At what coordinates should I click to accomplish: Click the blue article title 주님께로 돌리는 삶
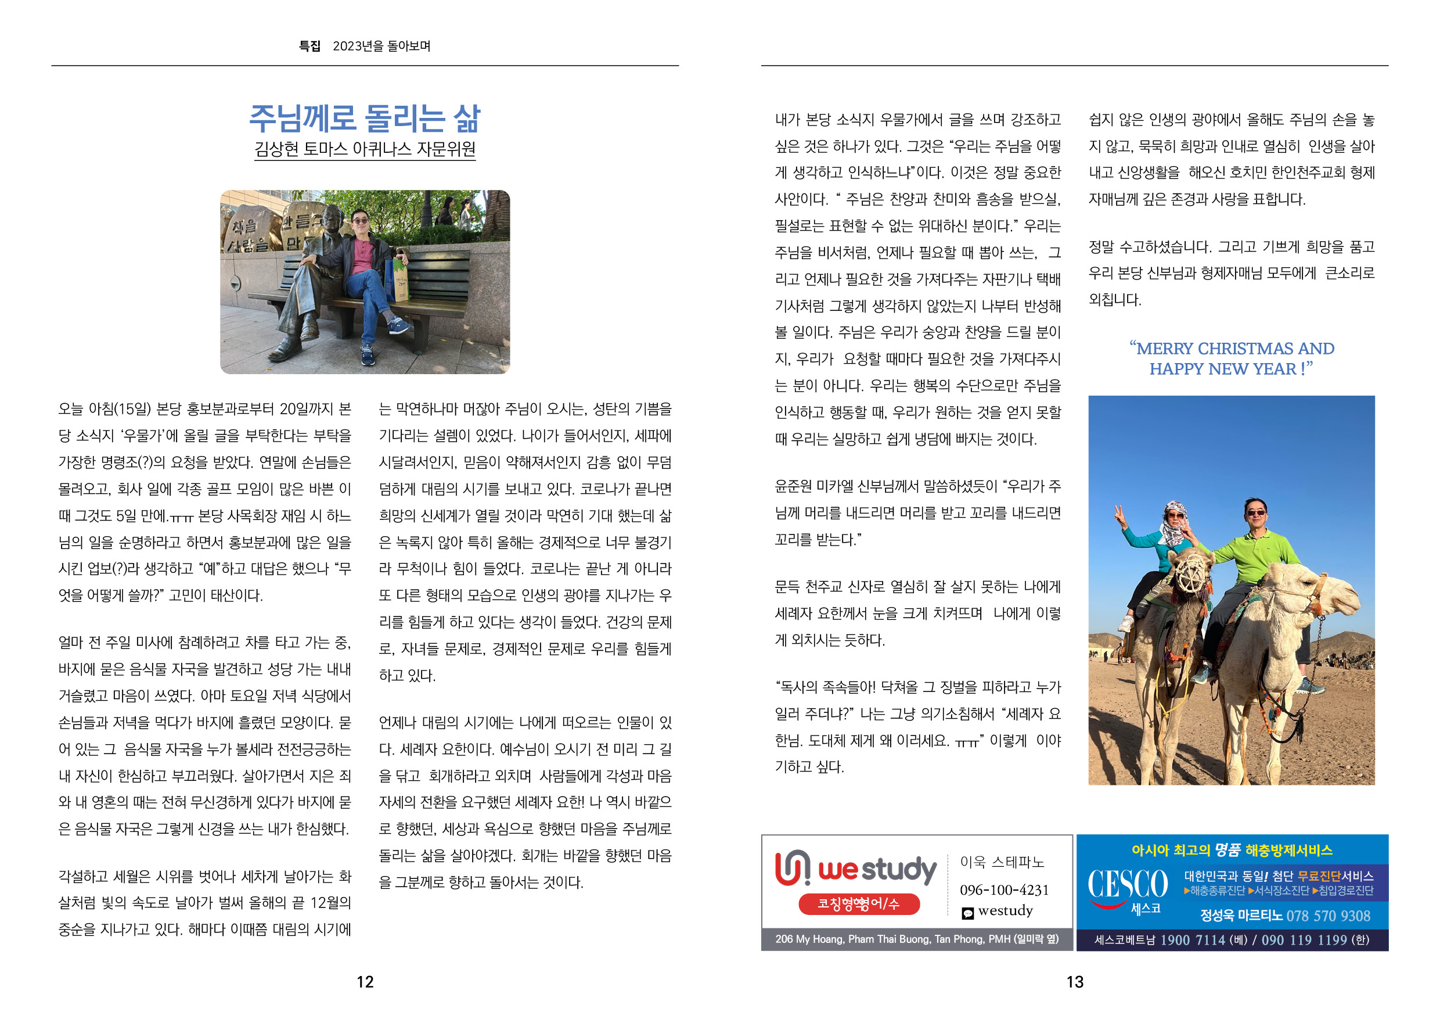coord(365,119)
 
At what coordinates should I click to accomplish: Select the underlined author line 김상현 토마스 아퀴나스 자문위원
coord(365,149)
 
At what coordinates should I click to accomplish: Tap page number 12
coord(365,982)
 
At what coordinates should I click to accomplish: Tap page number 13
coord(1075,982)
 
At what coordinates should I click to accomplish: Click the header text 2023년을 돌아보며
coord(381,46)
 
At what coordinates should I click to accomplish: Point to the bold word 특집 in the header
coord(309,46)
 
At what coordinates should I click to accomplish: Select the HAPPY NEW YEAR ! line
coord(1230,369)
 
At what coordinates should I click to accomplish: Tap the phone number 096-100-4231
coord(1004,890)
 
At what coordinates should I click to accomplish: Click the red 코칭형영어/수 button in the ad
coord(859,903)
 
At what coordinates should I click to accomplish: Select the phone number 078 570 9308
coord(1328,916)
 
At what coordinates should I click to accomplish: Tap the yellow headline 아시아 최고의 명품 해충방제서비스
coord(1232,850)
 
